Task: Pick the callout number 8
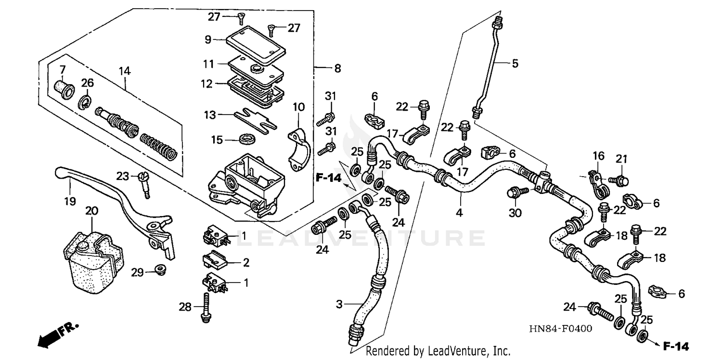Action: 337,69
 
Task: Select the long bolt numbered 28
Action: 205,307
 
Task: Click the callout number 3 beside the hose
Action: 340,304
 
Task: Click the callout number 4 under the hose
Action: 459,212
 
